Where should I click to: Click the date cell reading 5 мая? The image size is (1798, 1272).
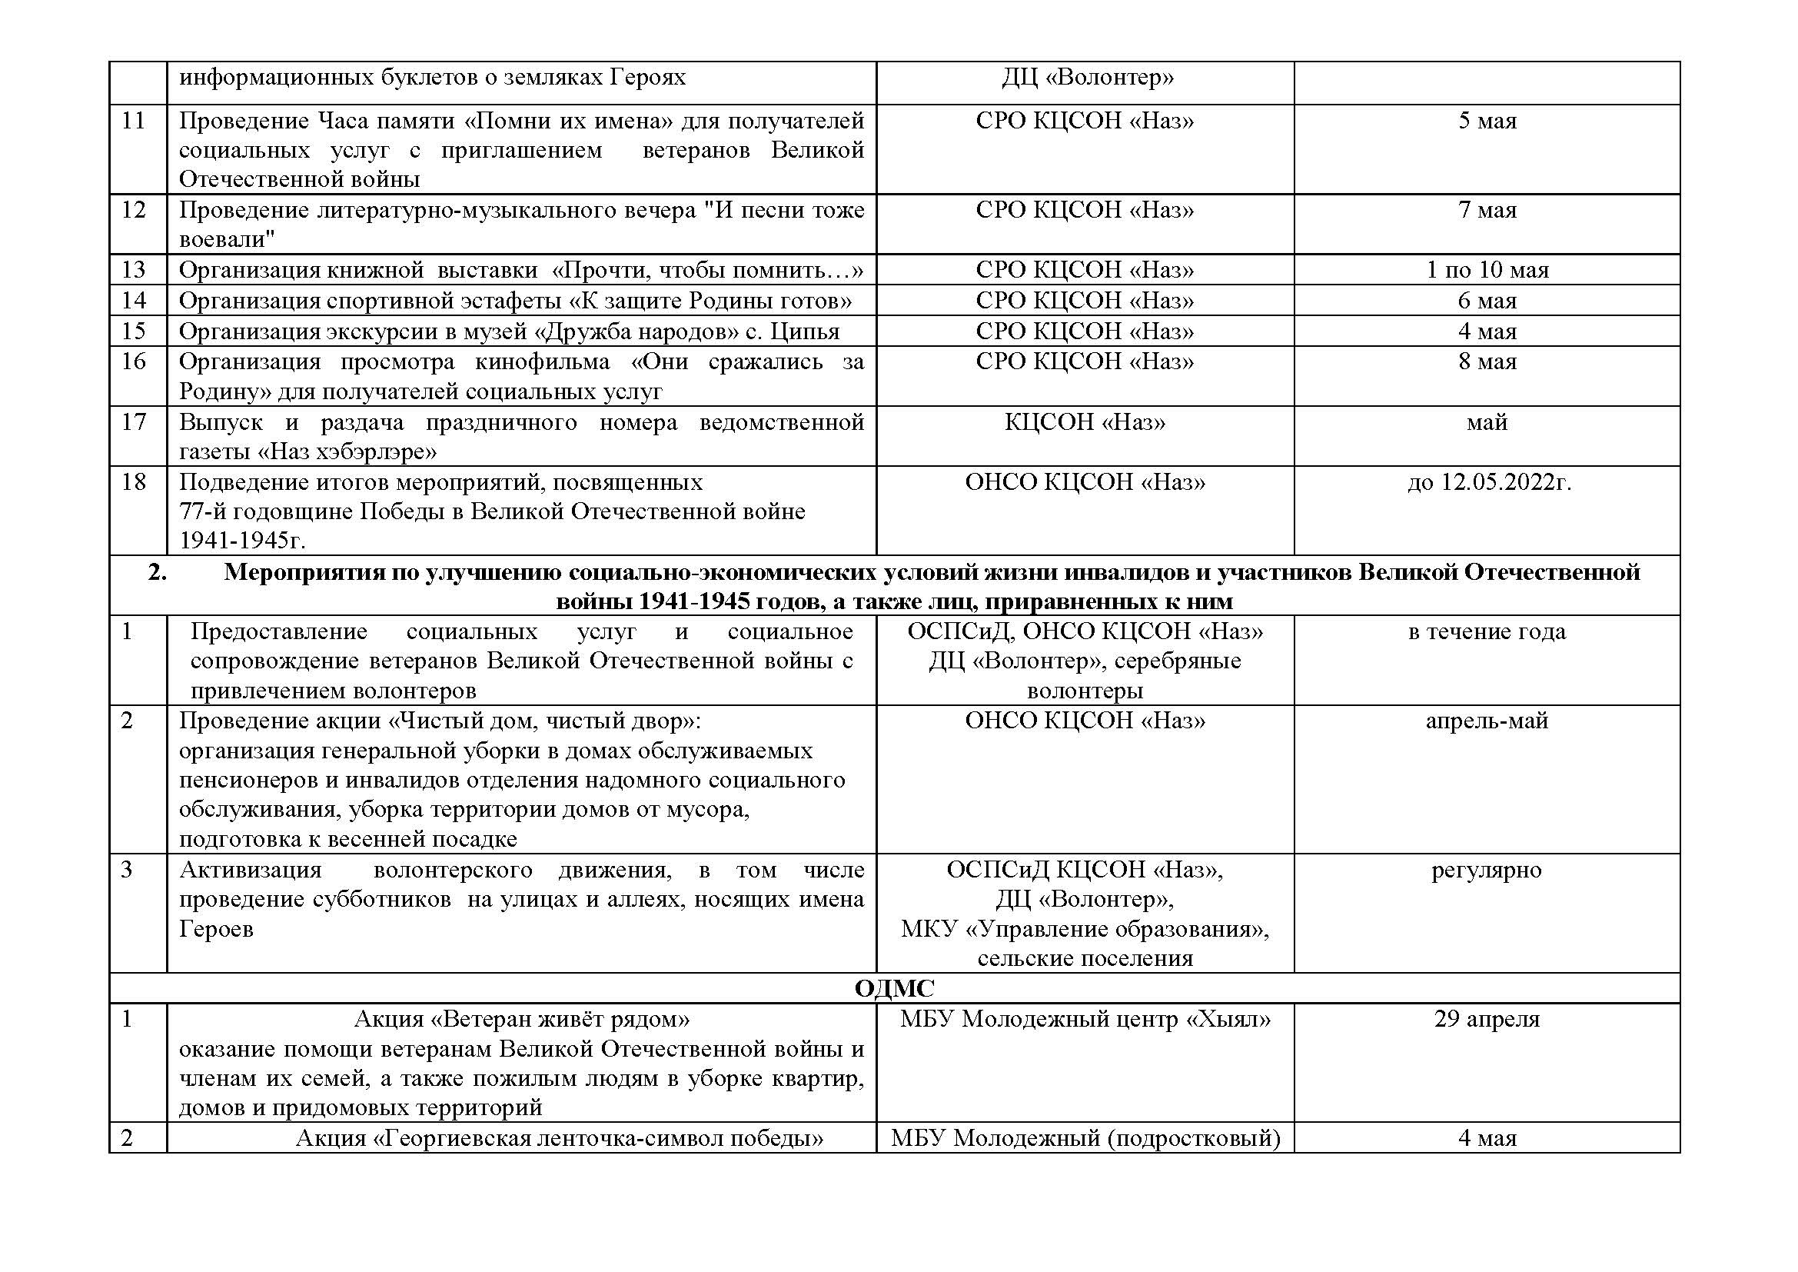click(x=1487, y=122)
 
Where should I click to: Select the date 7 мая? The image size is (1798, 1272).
click(x=1487, y=211)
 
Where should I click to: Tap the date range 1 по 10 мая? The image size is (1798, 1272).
click(x=1487, y=270)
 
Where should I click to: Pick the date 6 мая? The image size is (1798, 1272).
click(x=1487, y=301)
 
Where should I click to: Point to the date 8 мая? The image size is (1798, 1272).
click(x=1487, y=362)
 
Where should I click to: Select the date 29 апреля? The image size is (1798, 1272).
click(x=1487, y=1019)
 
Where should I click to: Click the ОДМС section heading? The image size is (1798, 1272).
click(x=894, y=988)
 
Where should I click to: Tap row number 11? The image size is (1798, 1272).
click(x=134, y=122)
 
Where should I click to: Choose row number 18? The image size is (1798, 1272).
click(x=134, y=481)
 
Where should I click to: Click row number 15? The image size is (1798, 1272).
click(x=134, y=331)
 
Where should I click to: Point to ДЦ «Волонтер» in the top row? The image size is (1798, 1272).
click(x=1087, y=78)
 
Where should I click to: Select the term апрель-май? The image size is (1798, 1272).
click(x=1487, y=721)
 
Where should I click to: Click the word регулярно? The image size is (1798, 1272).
click(x=1487, y=871)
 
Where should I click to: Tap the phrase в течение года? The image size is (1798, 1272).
click(x=1487, y=632)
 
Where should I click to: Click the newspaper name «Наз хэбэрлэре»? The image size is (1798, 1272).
click(x=347, y=452)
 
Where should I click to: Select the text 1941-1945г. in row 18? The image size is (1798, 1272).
click(x=242, y=541)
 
